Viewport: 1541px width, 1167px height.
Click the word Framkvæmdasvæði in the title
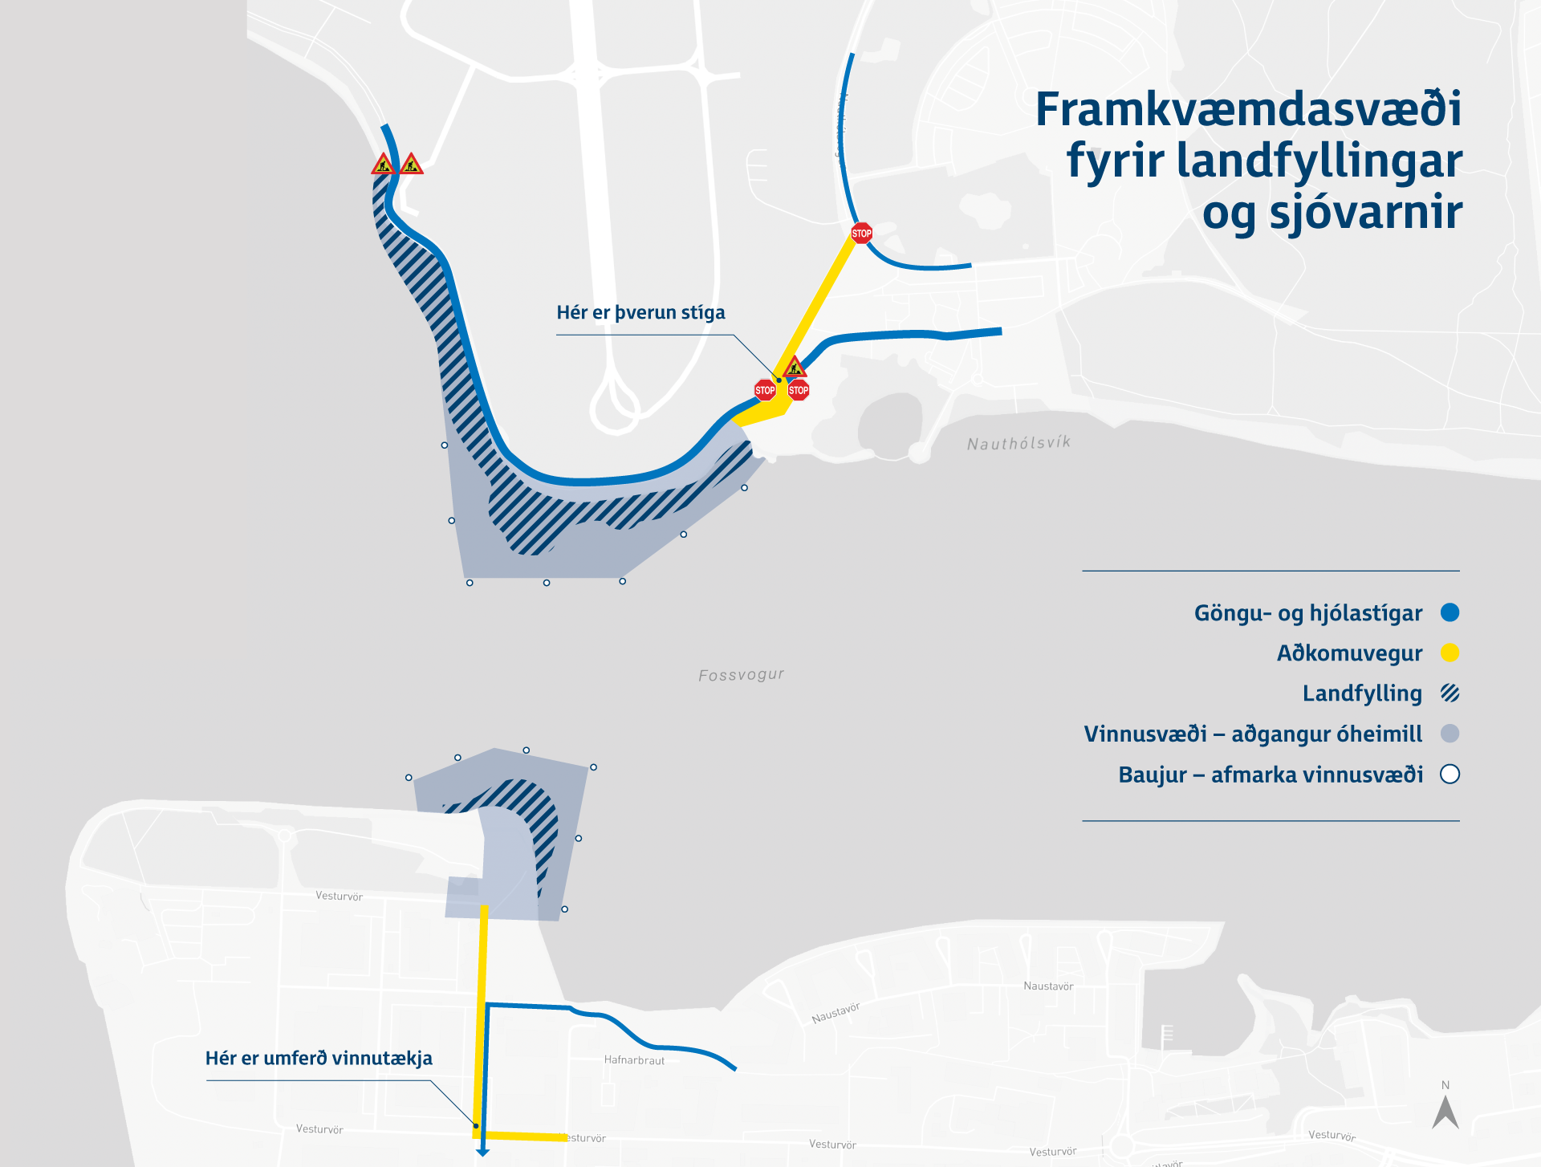1248,109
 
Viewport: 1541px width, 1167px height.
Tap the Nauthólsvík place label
1019,443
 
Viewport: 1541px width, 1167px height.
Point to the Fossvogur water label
741,675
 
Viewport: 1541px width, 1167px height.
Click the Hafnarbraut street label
634,1060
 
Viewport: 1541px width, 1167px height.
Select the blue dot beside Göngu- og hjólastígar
1450,612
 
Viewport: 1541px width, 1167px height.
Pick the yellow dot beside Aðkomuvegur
1450,653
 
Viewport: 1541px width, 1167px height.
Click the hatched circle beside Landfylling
1450,693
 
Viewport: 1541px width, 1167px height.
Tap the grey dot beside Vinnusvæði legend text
1450,734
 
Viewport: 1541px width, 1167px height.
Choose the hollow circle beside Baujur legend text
1450,775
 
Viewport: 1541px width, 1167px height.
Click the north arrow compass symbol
1445,1112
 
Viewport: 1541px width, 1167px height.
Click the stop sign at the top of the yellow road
861,234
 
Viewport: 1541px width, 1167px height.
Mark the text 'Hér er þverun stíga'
640,313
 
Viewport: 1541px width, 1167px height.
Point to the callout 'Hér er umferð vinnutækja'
319,1059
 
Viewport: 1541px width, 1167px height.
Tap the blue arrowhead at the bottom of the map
482,1153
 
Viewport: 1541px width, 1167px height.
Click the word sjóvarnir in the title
1366,212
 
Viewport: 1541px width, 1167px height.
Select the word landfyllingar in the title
1319,161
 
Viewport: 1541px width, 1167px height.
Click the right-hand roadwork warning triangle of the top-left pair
412,165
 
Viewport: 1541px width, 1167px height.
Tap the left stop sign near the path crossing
765,391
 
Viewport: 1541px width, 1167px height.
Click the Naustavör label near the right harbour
1048,986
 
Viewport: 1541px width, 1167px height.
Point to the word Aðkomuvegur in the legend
1349,653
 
